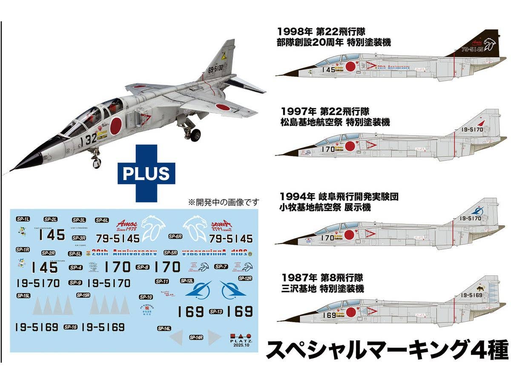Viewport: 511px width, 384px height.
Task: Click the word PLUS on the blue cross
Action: (x=146, y=174)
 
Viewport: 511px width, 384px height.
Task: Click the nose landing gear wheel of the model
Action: (x=97, y=162)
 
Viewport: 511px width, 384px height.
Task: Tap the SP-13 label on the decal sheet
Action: (x=216, y=311)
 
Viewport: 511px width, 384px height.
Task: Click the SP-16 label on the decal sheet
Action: (x=70, y=327)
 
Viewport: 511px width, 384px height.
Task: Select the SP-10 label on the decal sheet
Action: (x=146, y=297)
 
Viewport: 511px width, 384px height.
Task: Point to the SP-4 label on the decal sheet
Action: (x=76, y=268)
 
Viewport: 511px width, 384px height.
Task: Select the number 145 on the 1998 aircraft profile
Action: (x=328, y=70)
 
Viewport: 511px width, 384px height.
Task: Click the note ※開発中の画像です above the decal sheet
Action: (x=223, y=201)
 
